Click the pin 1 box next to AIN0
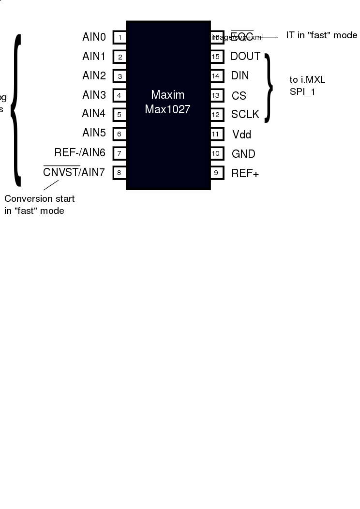tap(119, 37)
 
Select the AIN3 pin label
tap(94, 95)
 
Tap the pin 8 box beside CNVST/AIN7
tap(119, 173)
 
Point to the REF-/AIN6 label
tap(80, 153)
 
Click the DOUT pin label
tap(245, 57)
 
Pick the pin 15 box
tap(216, 57)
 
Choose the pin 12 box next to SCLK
tap(216, 115)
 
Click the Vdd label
tap(241, 135)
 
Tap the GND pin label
tap(243, 154)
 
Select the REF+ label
tap(245, 173)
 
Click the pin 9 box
tap(216, 173)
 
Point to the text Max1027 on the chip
tap(167, 109)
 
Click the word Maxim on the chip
tap(167, 94)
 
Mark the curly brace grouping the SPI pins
tap(268, 87)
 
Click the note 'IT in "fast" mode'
tap(321, 35)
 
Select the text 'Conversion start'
tap(40, 199)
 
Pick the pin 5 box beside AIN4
tap(119, 115)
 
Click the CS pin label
tap(239, 96)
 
